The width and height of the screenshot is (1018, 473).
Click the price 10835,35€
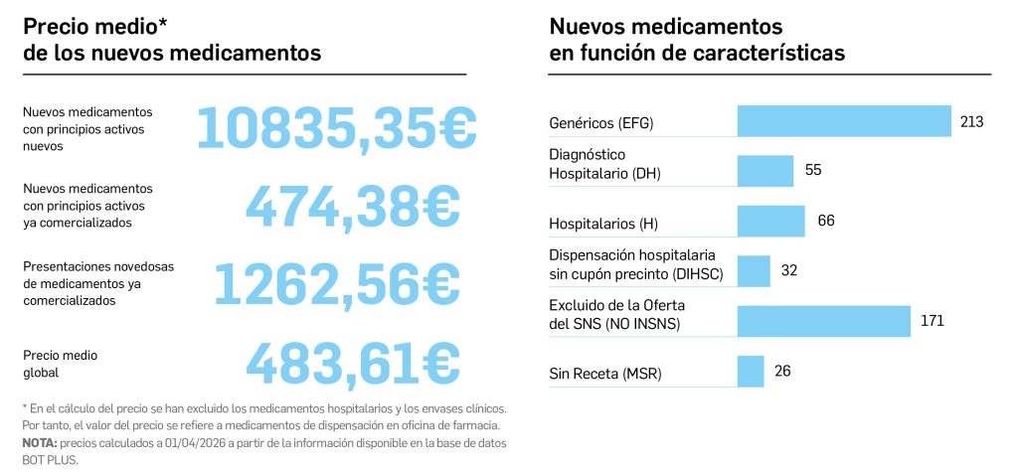pos(337,126)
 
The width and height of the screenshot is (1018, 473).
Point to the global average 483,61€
pos(353,363)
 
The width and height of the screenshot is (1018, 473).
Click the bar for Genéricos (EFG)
pos(844,121)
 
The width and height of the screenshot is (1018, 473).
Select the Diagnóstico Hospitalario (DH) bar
pos(765,170)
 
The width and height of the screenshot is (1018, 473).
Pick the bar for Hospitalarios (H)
pos(770,221)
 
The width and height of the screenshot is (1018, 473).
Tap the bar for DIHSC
pos(754,270)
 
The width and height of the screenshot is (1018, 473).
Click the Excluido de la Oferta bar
pos(823,321)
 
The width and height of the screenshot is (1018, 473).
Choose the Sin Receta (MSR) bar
pos(751,372)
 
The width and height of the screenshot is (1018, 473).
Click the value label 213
pos(971,121)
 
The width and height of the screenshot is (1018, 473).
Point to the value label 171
pos(932,321)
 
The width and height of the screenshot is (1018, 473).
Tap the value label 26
pos(782,372)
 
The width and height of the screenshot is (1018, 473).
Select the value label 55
pos(813,170)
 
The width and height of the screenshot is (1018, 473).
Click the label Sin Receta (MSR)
pos(605,374)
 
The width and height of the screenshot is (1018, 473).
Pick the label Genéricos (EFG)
pos(601,123)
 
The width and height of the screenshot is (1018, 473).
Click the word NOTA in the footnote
pos(39,442)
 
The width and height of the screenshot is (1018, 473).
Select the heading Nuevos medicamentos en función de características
pos(697,40)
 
